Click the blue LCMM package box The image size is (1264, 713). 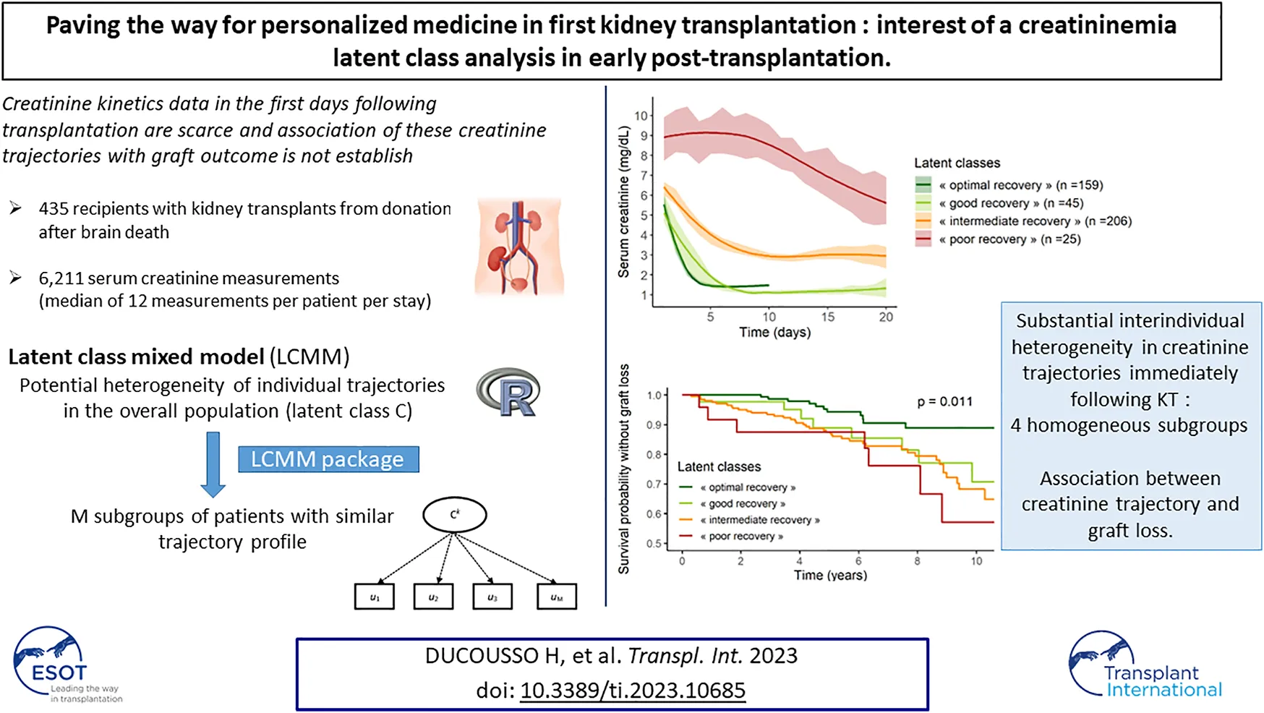click(x=328, y=459)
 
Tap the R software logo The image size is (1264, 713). click(x=509, y=393)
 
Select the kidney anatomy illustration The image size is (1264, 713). click(x=518, y=246)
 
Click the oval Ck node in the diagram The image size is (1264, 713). click(x=454, y=515)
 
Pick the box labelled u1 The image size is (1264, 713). click(x=375, y=597)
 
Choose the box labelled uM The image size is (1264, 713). click(x=556, y=597)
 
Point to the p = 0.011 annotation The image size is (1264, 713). click(x=944, y=401)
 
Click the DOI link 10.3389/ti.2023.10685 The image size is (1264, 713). click(x=633, y=691)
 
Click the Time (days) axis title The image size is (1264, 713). click(x=774, y=333)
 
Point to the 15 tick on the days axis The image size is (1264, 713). click(x=827, y=317)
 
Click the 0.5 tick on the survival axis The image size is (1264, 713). click(x=654, y=544)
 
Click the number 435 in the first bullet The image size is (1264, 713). click(x=54, y=209)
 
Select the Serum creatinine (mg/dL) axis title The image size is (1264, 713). click(x=624, y=202)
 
